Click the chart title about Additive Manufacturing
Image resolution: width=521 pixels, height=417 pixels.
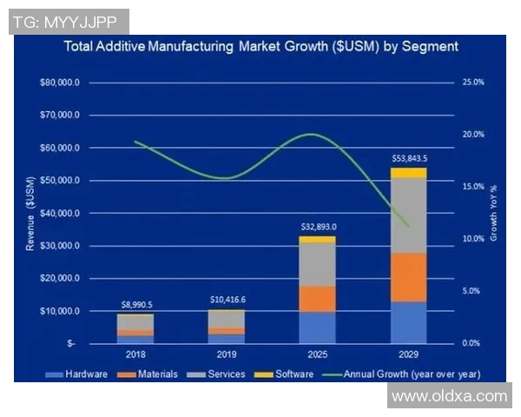261,46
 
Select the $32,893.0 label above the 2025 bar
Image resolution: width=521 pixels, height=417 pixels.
319,227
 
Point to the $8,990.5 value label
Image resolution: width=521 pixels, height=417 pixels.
136,305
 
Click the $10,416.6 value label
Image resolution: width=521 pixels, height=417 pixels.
228,300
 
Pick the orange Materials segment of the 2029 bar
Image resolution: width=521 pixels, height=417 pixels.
408,277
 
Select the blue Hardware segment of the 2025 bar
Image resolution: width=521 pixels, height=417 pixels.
317,328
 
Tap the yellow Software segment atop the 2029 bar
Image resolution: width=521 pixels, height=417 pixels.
408,172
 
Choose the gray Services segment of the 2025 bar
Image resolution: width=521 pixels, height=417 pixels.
317,264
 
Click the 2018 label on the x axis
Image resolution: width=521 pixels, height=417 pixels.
135,355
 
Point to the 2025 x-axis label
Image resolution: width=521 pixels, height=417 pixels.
317,355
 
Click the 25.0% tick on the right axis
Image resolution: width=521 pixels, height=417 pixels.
472,83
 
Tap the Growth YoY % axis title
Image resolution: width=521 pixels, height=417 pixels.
493,213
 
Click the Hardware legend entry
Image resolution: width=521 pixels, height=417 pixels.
82,374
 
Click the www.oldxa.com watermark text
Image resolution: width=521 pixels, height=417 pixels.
449,396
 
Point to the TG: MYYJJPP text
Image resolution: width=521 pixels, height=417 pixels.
67,22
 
